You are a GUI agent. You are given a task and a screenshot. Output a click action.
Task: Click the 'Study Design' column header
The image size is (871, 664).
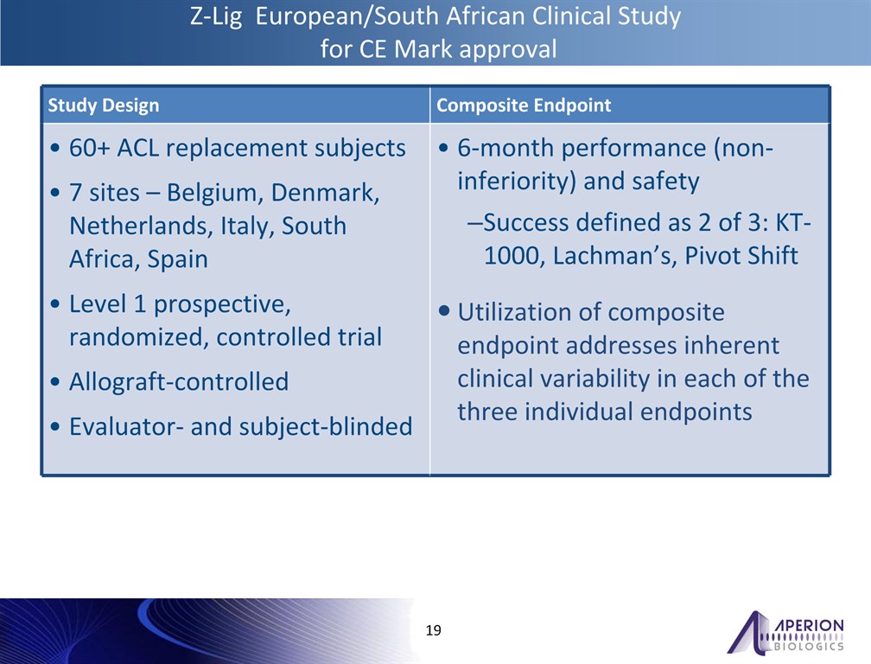[x=104, y=105]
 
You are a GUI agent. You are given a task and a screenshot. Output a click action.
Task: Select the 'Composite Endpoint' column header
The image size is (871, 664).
[x=524, y=105]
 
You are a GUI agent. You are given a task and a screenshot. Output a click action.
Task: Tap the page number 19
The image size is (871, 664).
[x=433, y=630]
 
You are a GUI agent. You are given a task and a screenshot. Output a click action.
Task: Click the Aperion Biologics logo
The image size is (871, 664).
[x=785, y=632]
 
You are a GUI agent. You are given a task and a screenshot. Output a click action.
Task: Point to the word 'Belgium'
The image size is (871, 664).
[x=215, y=193]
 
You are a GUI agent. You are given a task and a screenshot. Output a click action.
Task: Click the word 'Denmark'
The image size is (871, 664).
[x=325, y=193]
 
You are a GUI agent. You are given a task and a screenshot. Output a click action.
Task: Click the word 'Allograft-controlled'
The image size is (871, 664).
[x=179, y=382]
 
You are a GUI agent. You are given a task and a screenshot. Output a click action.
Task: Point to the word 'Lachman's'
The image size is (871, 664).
[x=614, y=256]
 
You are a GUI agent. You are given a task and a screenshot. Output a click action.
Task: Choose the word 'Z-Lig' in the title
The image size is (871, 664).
[x=216, y=16]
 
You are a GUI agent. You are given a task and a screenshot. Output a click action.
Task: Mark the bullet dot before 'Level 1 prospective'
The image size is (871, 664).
[x=55, y=304]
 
